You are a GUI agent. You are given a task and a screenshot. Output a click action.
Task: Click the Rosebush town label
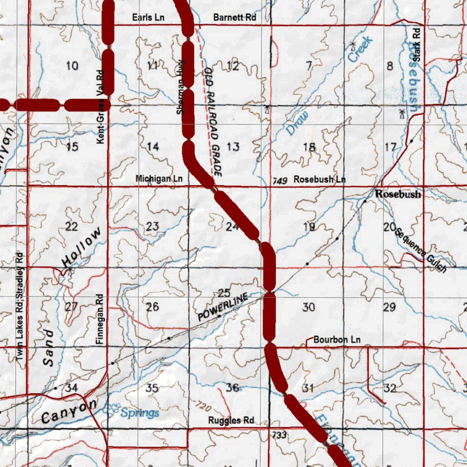(398, 194)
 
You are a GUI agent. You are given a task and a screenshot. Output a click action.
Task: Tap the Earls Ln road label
(148, 18)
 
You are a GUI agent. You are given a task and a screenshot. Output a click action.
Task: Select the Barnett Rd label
(234, 18)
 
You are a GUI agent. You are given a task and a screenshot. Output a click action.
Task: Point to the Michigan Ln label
(159, 179)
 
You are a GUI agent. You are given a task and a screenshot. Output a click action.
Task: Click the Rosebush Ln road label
(319, 180)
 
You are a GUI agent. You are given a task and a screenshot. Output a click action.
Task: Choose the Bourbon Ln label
(337, 340)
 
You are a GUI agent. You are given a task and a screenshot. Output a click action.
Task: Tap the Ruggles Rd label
(231, 420)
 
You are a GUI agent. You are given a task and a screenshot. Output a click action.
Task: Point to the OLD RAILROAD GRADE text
(213, 122)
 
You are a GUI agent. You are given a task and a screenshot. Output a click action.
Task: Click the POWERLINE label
(223, 308)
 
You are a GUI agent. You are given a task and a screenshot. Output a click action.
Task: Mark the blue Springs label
(140, 413)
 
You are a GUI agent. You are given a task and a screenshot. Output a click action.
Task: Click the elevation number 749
(280, 182)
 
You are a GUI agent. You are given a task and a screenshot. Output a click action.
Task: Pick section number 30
(308, 307)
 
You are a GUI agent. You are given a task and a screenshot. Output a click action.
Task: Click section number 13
(233, 147)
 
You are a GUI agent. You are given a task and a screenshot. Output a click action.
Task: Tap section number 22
(72, 227)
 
